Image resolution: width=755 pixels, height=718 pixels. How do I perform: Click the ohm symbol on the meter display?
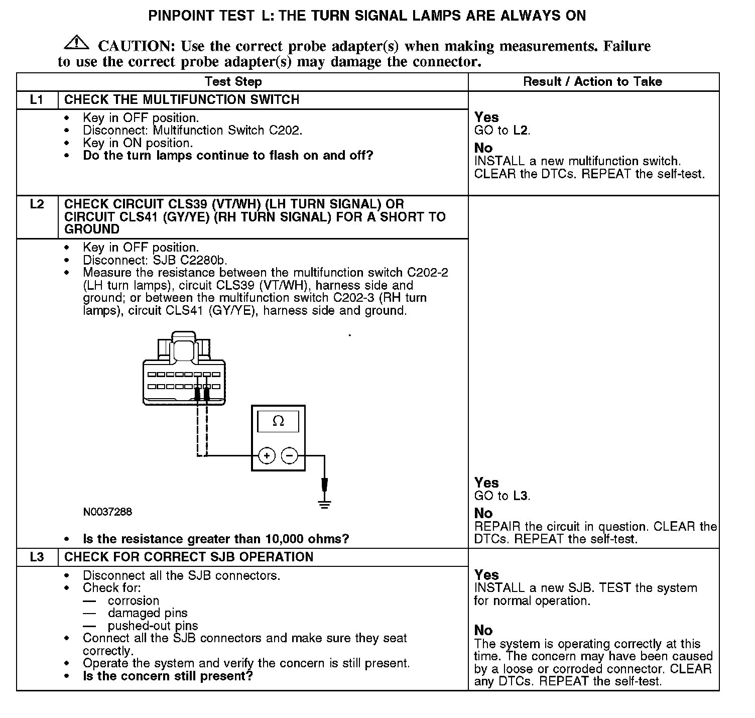[x=278, y=421]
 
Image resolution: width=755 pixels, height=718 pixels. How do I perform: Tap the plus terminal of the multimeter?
[x=267, y=456]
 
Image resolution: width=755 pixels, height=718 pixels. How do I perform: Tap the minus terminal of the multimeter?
[x=289, y=456]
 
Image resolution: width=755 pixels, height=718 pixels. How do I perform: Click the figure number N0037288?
[x=107, y=512]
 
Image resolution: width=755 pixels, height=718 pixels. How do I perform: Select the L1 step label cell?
[x=38, y=99]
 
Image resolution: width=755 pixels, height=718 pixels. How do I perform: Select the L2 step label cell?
[x=38, y=204]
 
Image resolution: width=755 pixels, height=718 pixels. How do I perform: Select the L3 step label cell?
[x=38, y=557]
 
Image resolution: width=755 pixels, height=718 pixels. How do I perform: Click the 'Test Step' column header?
[x=233, y=82]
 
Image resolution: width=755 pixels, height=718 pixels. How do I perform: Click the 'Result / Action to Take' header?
[x=592, y=82]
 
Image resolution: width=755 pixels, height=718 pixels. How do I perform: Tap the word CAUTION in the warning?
[x=136, y=46]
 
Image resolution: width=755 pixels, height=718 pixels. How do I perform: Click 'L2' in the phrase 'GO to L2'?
[x=521, y=131]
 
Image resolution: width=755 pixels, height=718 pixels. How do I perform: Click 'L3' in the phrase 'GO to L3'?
[x=521, y=496]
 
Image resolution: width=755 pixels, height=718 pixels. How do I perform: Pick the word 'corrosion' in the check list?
[x=133, y=601]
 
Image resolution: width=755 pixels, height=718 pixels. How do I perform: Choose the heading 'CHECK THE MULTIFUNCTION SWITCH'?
[x=182, y=99]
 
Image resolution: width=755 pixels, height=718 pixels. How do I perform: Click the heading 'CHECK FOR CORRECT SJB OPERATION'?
[x=189, y=557]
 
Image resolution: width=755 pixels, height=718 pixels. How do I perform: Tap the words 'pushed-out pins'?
[x=153, y=626]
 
